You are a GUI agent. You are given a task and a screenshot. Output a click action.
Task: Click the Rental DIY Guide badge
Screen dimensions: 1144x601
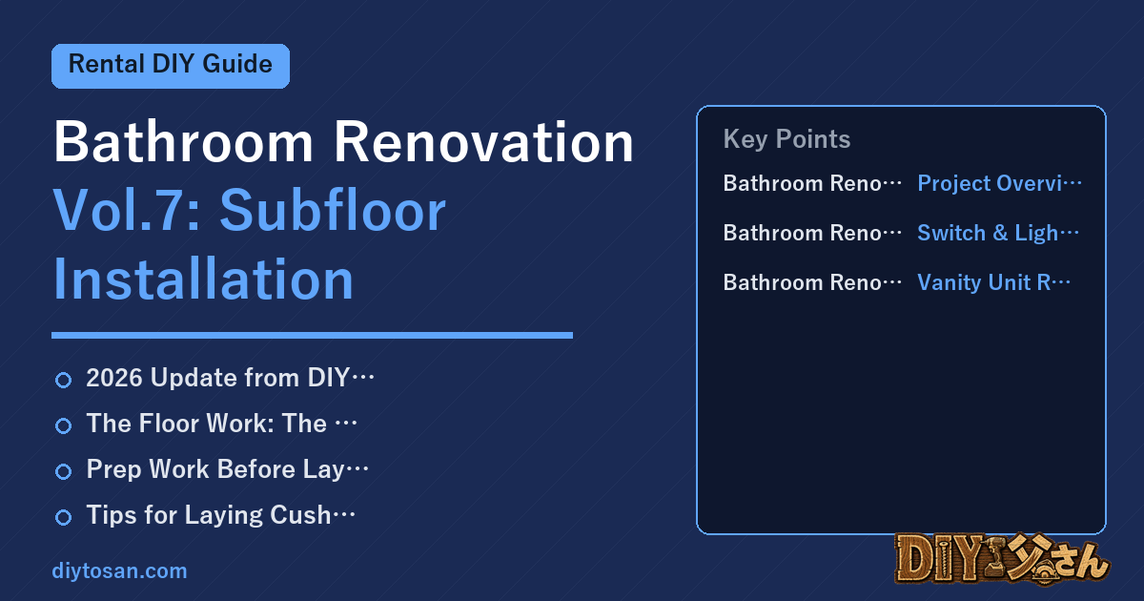point(171,66)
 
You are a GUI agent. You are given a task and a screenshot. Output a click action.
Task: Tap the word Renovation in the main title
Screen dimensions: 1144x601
point(483,141)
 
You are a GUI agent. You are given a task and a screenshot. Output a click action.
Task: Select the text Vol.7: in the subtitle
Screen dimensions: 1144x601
point(127,211)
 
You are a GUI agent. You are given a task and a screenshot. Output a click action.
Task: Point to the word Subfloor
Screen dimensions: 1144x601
point(333,211)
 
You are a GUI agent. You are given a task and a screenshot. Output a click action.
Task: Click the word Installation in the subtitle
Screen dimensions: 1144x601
point(203,279)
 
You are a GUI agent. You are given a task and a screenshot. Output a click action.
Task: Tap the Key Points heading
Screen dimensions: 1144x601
point(786,139)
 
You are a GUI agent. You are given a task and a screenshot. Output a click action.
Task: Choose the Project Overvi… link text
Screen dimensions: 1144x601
point(999,183)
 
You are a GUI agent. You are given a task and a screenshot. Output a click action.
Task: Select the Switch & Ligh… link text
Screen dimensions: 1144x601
point(998,233)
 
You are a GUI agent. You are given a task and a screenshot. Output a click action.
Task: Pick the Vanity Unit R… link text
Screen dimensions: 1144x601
point(993,282)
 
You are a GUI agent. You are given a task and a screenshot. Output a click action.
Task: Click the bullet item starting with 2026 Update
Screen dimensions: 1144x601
point(231,378)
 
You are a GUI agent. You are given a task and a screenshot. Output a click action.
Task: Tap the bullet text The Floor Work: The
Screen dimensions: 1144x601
point(221,424)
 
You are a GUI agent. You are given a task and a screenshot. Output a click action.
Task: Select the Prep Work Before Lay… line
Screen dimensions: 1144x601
point(227,469)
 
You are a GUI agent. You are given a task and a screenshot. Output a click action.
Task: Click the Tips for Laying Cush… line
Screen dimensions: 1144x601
point(220,515)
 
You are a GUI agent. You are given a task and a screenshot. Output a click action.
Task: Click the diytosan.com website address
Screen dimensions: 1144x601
point(119,570)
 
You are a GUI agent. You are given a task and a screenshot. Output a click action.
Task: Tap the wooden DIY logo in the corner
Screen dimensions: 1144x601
point(1003,558)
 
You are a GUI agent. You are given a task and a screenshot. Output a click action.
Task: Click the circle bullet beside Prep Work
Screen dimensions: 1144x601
point(63,471)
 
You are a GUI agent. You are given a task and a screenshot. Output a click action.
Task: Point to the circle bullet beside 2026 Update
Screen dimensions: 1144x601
point(63,381)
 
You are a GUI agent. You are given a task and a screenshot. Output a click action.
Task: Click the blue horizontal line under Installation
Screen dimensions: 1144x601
point(312,335)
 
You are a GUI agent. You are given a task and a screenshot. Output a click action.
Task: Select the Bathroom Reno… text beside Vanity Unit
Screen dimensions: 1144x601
point(812,282)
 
